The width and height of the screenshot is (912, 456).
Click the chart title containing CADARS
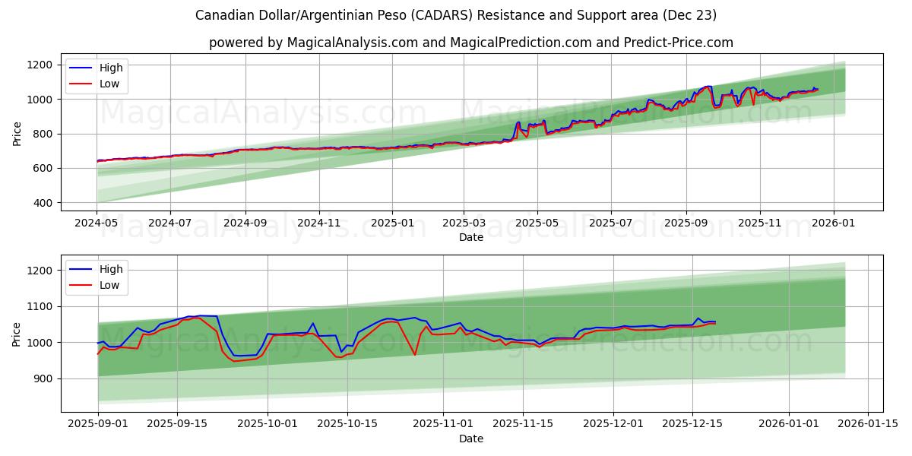[455, 15]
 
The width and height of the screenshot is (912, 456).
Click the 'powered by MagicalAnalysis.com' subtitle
[470, 43]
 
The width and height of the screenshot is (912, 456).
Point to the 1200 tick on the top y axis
[39, 65]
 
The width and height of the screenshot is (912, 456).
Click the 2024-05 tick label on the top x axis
[97, 224]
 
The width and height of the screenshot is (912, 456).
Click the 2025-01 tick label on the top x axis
[392, 224]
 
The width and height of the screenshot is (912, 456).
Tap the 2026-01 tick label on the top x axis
[834, 224]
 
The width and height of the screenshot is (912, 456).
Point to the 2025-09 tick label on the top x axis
[686, 224]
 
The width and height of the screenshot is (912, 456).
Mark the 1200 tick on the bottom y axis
[39, 271]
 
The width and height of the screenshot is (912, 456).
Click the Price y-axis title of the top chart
[17, 134]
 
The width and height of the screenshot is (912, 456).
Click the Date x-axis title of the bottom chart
[470, 439]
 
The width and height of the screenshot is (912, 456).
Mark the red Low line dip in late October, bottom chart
[414, 354]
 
